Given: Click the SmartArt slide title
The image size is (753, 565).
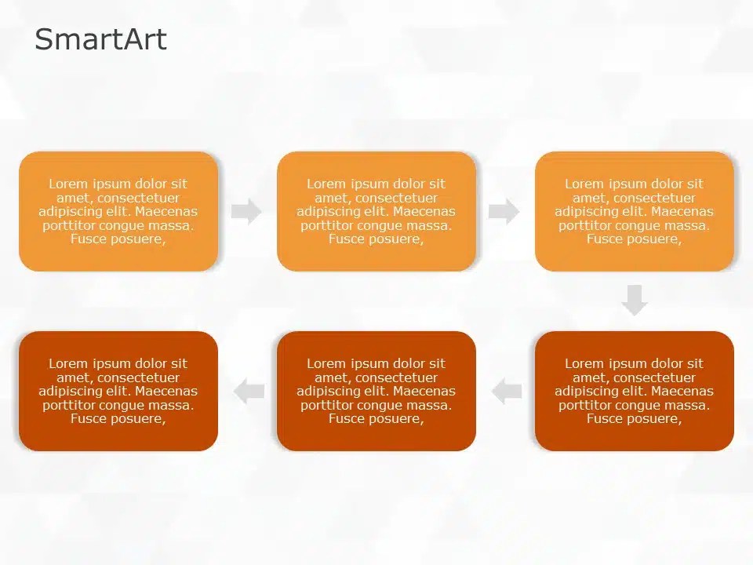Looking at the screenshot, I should tap(100, 39).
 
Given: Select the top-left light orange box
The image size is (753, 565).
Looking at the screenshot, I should tap(118, 259).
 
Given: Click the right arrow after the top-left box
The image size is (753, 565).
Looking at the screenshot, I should tap(246, 211).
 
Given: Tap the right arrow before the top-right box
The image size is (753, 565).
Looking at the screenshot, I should tap(504, 211).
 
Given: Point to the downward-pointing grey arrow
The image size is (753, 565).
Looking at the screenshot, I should tap(635, 300).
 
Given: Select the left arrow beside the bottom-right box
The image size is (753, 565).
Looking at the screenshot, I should tap(507, 391).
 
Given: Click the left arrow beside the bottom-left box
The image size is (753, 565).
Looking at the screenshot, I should tap(249, 391).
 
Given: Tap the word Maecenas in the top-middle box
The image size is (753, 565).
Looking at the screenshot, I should tap(424, 212).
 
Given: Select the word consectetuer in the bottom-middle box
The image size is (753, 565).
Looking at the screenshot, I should tap(396, 377).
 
